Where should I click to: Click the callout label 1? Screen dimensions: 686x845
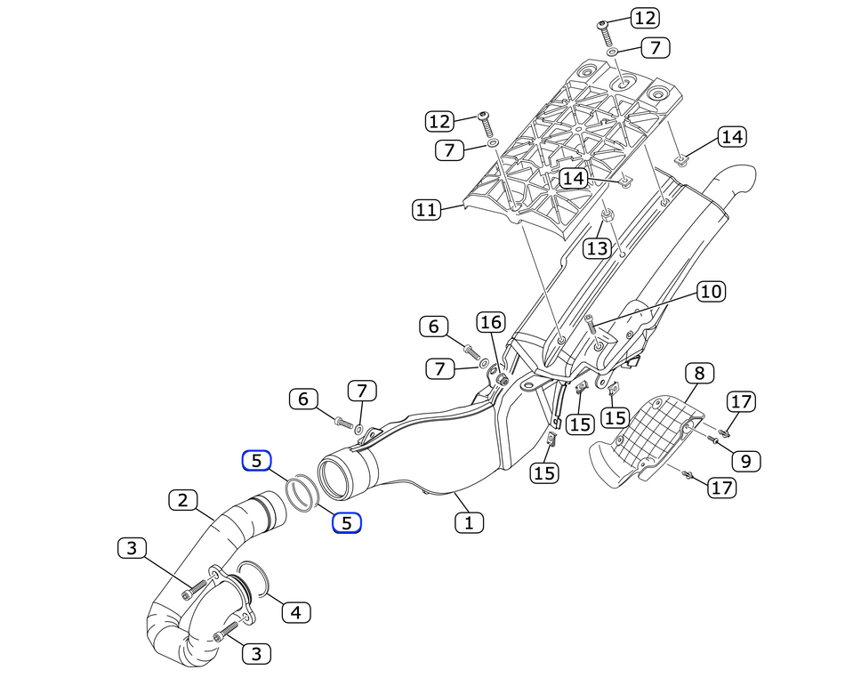point(469,522)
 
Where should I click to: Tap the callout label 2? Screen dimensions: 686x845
point(182,500)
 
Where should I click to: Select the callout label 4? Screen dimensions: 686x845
point(296,612)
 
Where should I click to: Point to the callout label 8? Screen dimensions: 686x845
point(699,373)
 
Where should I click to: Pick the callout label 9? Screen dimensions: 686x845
point(746,460)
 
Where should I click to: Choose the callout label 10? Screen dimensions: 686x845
point(711,291)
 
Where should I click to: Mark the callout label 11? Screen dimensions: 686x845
point(427,210)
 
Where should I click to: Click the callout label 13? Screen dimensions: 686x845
point(597,248)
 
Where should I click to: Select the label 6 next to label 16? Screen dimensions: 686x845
point(434,327)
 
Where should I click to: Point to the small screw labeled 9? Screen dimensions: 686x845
point(713,440)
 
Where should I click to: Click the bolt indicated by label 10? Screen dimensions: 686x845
point(589,326)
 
